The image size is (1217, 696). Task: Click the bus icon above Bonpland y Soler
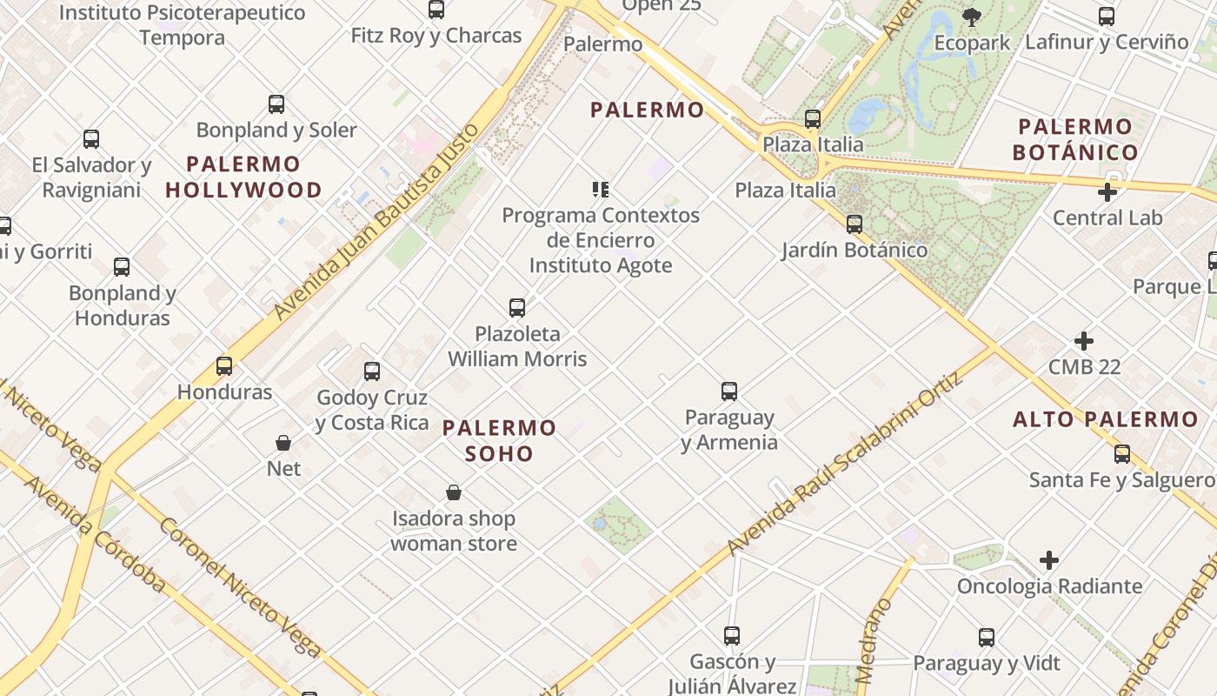click(x=276, y=104)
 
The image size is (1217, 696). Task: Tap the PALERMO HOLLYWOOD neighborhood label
click(x=243, y=177)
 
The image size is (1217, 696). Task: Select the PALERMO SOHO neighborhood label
click(x=499, y=440)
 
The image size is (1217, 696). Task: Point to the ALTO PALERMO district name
click(x=1106, y=419)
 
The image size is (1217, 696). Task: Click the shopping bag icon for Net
click(x=283, y=443)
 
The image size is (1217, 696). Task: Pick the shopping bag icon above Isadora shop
click(x=454, y=493)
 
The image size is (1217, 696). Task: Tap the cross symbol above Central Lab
click(x=1107, y=192)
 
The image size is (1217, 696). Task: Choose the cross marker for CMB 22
click(x=1084, y=341)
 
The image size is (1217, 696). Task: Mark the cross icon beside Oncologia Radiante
click(x=1049, y=560)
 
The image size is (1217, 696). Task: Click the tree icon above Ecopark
click(x=972, y=17)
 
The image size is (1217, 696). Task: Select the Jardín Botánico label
click(x=855, y=251)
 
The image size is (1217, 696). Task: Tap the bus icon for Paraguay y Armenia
click(x=729, y=391)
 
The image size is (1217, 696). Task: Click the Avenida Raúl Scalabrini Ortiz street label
click(x=845, y=464)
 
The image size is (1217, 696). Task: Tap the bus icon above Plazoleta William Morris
click(x=517, y=307)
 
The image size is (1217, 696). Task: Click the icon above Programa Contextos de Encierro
click(x=600, y=189)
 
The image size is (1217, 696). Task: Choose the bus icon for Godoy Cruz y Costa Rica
click(x=372, y=371)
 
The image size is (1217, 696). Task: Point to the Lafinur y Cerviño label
click(x=1107, y=42)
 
